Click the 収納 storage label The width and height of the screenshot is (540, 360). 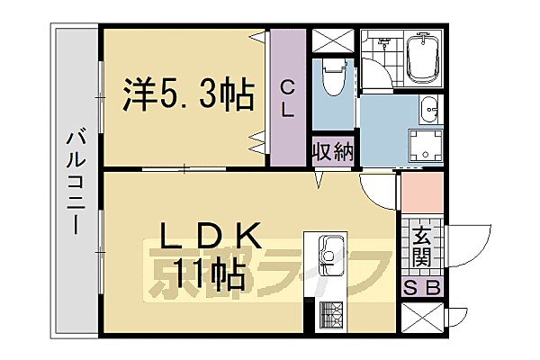pyautogui.click(x=332, y=150)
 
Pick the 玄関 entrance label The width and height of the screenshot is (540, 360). pyautogui.click(x=421, y=247)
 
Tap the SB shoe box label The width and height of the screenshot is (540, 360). pyautogui.click(x=421, y=290)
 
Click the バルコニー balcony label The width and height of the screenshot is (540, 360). pyautogui.click(x=76, y=181)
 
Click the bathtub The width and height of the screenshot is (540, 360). pyautogui.click(x=421, y=59)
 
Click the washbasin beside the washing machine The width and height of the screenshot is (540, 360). pyautogui.click(x=429, y=108)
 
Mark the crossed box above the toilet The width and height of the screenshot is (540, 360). pyautogui.click(x=333, y=41)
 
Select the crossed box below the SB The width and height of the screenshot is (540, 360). pyautogui.click(x=421, y=319)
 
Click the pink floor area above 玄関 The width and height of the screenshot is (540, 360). pyautogui.click(x=419, y=192)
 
